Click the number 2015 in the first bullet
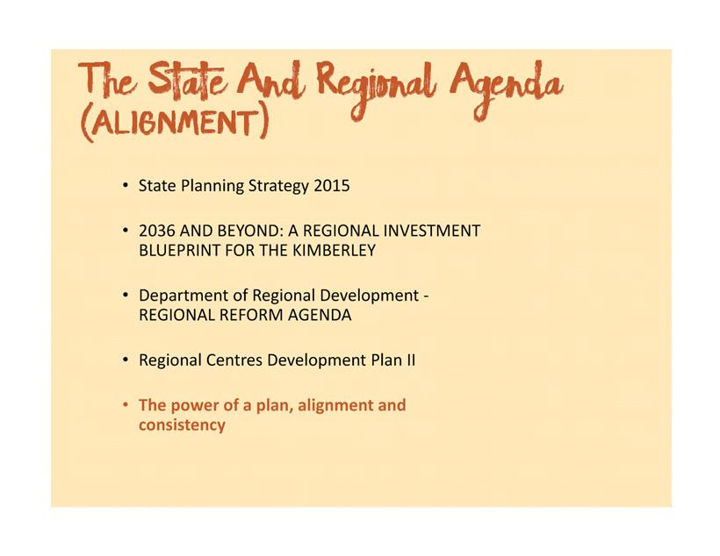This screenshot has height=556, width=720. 332,186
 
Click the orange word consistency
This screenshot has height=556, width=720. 182,425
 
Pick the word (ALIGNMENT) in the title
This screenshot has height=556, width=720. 174,123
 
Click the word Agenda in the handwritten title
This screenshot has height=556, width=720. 506,90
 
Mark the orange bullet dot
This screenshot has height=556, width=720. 125,405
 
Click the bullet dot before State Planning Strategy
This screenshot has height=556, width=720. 125,186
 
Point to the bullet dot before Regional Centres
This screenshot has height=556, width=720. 125,360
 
